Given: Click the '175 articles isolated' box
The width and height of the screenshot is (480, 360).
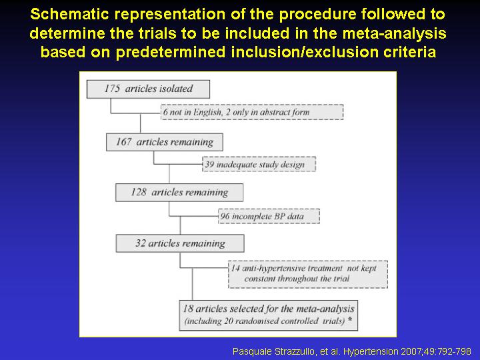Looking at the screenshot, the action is tap(148, 89).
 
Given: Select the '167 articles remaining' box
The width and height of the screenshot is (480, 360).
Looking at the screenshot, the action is tap(165, 142).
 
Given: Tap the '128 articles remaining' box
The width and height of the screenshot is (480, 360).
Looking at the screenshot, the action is tap(179, 193).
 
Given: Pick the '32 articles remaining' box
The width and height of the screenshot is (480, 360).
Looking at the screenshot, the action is tap(180, 243).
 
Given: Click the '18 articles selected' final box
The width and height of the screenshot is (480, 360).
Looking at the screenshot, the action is tap(269, 315).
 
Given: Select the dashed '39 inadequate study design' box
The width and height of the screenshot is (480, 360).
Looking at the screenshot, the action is tap(259, 164).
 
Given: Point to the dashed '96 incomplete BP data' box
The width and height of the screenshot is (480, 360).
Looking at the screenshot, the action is tap(269, 216).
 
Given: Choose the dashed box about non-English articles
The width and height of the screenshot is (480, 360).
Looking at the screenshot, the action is tap(252, 112).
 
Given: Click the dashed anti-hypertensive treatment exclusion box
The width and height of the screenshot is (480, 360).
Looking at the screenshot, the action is tap(308, 274).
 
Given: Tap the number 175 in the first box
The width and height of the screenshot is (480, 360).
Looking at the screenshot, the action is tap(112, 89).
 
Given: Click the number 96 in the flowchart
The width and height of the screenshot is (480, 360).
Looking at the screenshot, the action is tap(225, 216).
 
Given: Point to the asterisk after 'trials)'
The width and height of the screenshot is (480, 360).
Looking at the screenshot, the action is tap(349, 319).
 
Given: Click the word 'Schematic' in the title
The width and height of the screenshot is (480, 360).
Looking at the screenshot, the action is tap(70, 14).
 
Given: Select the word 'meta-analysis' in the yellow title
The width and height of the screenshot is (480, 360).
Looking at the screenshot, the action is tap(394, 33).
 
